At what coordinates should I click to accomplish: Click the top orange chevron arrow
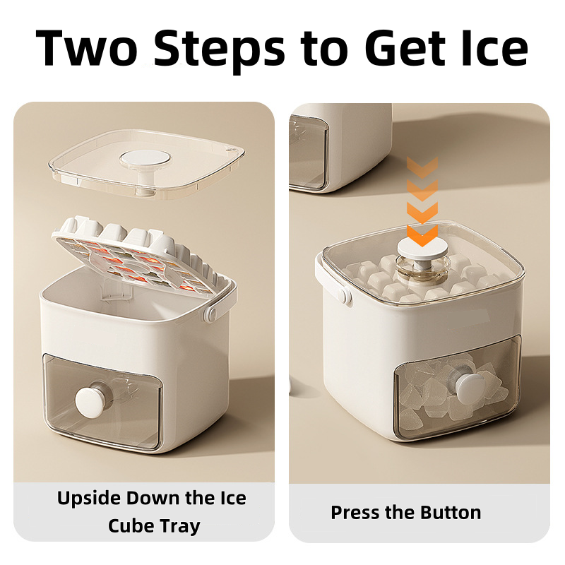coord(422,167)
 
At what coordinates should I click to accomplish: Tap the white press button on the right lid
coord(422,249)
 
